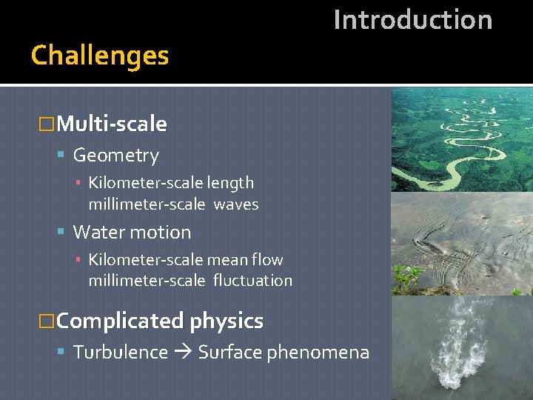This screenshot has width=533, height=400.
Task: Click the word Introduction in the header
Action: point(412,20)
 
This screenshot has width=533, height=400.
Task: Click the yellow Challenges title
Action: point(100,56)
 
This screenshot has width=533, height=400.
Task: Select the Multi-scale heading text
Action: point(111,124)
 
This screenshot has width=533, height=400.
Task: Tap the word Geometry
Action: point(115,156)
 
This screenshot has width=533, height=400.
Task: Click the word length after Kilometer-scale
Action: point(230,183)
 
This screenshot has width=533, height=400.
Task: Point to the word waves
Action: point(235,204)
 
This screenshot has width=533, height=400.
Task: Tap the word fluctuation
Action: point(252,281)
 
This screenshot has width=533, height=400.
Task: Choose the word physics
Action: point(227,321)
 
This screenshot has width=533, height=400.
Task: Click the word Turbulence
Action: point(121,353)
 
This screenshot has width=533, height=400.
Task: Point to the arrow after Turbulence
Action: point(183,353)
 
